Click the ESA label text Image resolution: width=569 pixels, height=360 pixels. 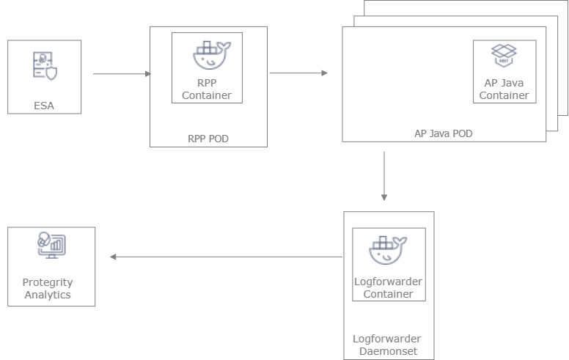point(44,106)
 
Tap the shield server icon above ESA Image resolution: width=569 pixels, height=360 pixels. point(44,66)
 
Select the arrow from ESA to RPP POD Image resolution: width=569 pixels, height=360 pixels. point(122,74)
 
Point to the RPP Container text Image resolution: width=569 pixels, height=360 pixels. point(207,89)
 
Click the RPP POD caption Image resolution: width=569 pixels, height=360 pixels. point(208,137)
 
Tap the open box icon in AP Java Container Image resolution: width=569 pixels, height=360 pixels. point(504,56)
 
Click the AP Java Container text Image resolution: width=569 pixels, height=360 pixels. point(504,89)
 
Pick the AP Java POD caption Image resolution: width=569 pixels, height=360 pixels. point(444,133)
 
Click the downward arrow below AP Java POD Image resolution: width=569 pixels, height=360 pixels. point(383,177)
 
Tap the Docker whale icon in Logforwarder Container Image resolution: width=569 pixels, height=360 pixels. point(389,250)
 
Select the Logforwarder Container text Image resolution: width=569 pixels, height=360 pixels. point(389,287)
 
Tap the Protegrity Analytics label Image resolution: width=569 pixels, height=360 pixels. point(48,288)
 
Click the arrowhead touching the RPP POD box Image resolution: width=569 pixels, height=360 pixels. point(147,74)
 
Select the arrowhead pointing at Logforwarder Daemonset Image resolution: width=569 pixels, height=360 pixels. point(383,197)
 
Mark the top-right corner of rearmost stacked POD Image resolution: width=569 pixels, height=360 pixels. point(568,1)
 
